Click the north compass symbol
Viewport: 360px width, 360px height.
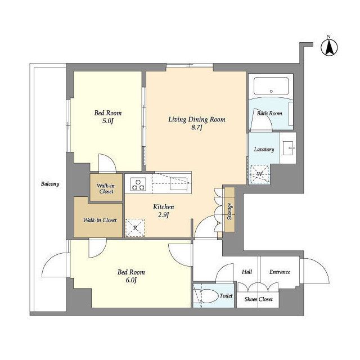click(329, 47)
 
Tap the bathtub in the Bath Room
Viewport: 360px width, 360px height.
click(271, 86)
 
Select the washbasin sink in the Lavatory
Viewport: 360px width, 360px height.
click(289, 148)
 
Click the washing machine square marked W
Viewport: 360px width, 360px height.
click(260, 174)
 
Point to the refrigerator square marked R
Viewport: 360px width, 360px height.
click(135, 228)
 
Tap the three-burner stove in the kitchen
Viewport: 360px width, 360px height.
click(138, 184)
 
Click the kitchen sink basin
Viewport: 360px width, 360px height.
click(179, 184)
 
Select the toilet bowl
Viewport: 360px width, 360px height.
click(209, 296)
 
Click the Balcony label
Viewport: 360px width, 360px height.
click(50, 184)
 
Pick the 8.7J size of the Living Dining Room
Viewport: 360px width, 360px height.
click(197, 128)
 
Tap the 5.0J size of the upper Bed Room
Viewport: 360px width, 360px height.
click(108, 121)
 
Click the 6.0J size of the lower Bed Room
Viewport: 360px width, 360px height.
click(131, 280)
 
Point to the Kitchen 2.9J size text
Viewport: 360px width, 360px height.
click(164, 215)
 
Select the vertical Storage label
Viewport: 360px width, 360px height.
click(229, 211)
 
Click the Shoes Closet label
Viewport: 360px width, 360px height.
click(259, 299)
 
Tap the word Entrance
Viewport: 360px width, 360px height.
click(280, 272)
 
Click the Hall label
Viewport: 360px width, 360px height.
click(247, 272)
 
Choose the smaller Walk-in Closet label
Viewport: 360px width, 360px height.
click(106, 188)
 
